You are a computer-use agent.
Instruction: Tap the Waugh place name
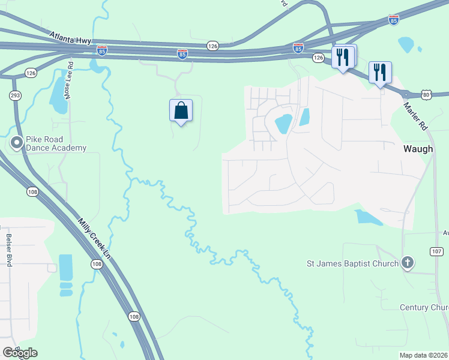pos(418,149)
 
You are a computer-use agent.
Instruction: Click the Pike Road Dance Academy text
pos(56,143)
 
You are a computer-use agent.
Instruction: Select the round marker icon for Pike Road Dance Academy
pos(17,143)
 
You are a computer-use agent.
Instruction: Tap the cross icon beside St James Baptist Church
pos(408,263)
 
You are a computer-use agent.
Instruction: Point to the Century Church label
pos(424,307)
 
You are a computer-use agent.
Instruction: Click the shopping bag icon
pos(181,110)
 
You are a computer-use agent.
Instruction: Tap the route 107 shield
pos(436,251)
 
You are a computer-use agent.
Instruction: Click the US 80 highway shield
pos(426,94)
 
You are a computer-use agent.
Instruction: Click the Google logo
pos(20,352)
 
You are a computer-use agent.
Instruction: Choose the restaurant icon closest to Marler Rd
pos(379,73)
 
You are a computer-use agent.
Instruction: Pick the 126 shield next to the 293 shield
pos(31,73)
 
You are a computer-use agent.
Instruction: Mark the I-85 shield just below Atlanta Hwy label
pos(102,50)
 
